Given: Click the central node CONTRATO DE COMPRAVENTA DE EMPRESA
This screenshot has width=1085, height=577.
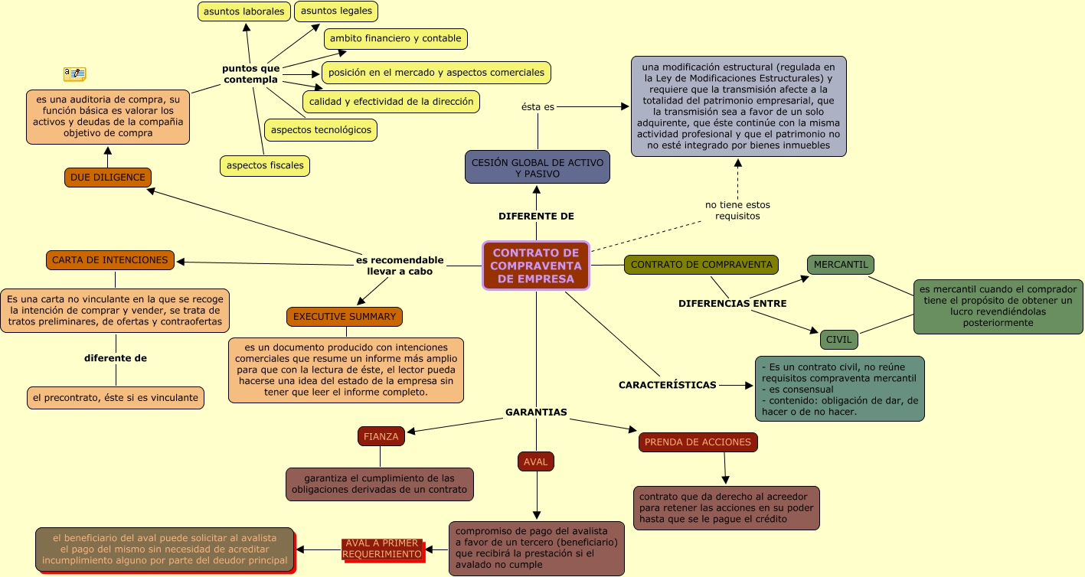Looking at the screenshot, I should (x=536, y=266).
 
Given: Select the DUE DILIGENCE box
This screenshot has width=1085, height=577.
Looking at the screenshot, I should (x=108, y=178).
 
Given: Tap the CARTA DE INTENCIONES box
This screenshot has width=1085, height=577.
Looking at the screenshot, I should (x=110, y=260).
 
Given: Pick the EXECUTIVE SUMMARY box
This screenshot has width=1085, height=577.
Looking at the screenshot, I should (x=345, y=317).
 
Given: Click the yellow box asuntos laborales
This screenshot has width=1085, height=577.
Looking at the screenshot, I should (x=244, y=11).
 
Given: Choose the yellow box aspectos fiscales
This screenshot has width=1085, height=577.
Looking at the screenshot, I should (x=265, y=165).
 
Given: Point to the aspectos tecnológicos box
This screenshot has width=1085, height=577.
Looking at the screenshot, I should (x=321, y=130).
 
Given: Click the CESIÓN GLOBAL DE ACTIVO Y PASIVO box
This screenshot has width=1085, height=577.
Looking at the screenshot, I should (x=538, y=168).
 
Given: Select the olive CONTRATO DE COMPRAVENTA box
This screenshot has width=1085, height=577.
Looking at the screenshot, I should (x=701, y=265).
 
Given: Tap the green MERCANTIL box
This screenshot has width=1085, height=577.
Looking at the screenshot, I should (x=841, y=265).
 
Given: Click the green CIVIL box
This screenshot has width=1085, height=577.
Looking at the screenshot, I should (x=839, y=340).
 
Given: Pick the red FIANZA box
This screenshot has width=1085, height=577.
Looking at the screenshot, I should (x=381, y=436).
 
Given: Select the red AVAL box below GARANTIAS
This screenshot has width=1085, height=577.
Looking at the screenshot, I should (x=536, y=461).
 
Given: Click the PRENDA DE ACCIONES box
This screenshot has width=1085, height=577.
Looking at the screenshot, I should (x=698, y=442).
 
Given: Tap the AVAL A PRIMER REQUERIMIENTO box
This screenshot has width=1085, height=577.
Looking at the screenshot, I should (x=383, y=549).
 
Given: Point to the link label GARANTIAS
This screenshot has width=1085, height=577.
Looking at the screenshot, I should (x=536, y=412).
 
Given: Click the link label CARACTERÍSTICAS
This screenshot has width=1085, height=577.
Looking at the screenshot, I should (x=668, y=385).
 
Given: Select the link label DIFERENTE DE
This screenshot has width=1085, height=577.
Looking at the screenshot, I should (x=536, y=217).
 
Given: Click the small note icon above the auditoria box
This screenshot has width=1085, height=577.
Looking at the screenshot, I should (x=74, y=73).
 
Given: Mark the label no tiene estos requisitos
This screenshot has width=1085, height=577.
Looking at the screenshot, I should (x=737, y=210).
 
